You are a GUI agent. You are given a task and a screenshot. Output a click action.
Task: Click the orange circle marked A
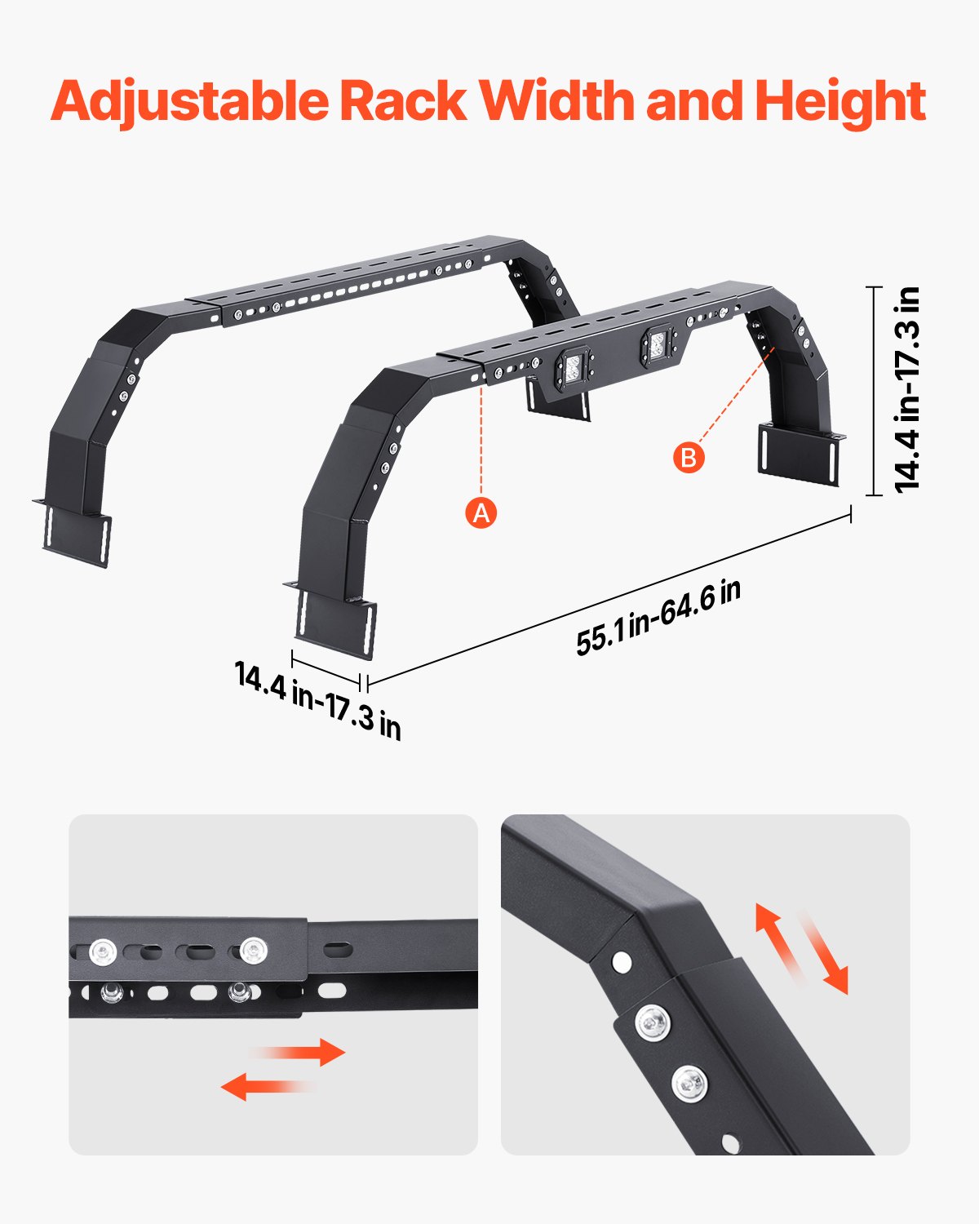[x=481, y=512]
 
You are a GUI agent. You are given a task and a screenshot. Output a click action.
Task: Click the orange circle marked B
[x=689, y=457]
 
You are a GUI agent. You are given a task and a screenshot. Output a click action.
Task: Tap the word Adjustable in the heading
[x=189, y=102]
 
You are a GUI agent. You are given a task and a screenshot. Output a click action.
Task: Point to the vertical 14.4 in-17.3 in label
[x=907, y=389]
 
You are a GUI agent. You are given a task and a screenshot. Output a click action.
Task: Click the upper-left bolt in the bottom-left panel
[x=104, y=951]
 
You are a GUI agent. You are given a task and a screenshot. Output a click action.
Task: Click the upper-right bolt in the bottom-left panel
[x=254, y=949]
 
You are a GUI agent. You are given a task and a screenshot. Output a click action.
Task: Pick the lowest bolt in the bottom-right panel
[x=689, y=1084]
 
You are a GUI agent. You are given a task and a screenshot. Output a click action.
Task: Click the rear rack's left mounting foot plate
[x=78, y=534]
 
